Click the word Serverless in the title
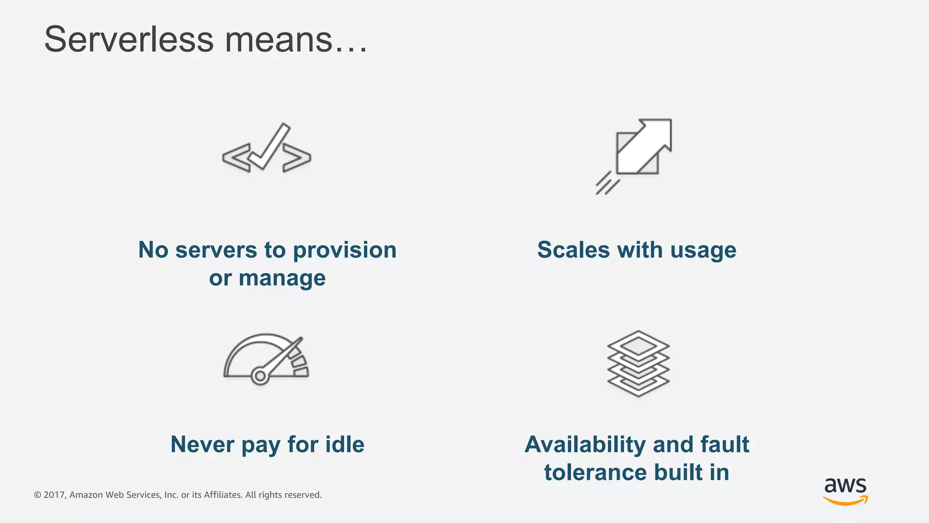point(129,39)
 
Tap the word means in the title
point(279,39)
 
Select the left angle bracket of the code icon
point(236,158)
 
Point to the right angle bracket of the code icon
point(297,158)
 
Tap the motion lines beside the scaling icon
point(607,184)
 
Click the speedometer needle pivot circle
point(260,376)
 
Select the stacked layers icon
point(638,363)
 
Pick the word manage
point(282,278)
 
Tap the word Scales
point(573,250)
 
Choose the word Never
point(202,444)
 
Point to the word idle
point(345,444)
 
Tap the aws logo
point(846,490)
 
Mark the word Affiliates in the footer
point(223,495)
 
